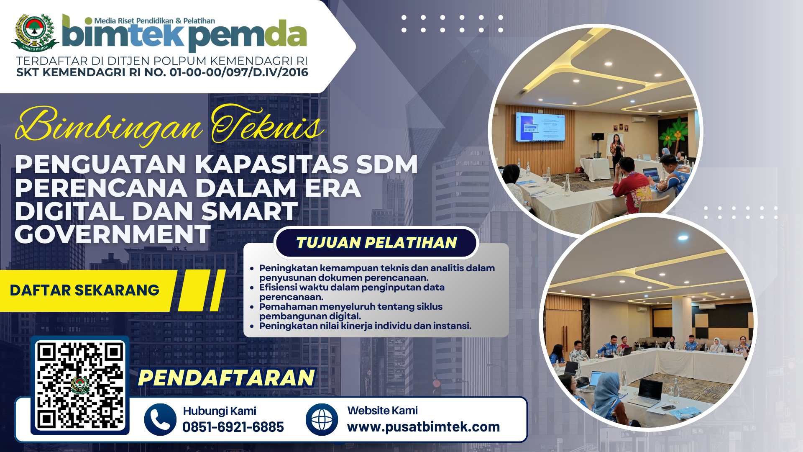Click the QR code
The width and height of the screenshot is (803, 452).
click(80, 385)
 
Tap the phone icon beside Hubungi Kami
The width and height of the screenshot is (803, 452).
click(160, 419)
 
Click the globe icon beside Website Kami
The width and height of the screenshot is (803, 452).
click(322, 419)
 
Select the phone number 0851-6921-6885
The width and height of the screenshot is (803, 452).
click(233, 427)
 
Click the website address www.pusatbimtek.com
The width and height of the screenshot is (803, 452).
click(423, 427)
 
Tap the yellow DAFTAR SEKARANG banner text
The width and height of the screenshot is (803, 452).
click(84, 290)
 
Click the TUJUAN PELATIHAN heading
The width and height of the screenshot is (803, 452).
click(376, 242)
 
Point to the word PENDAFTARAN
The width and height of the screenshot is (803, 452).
click(226, 378)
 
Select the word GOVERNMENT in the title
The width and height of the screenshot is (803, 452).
click(113, 234)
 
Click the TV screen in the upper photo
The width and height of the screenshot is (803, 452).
click(540, 126)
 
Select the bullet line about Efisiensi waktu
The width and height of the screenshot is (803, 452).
click(352, 292)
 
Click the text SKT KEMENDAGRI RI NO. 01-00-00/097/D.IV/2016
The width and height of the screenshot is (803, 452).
click(162, 72)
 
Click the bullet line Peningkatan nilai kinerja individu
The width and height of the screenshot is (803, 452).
click(365, 326)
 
